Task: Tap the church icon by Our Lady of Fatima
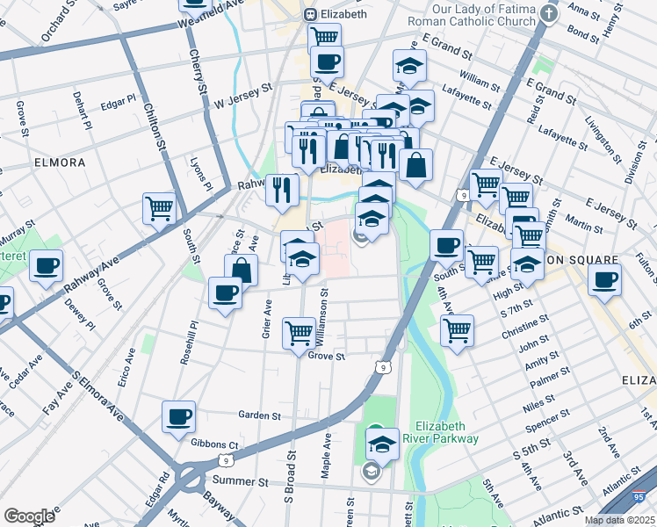(x=549, y=13)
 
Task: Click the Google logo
(x=29, y=516)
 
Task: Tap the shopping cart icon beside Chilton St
(x=160, y=209)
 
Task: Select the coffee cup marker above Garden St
(x=179, y=416)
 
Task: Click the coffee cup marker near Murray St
(x=46, y=265)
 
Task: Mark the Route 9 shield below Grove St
(x=381, y=367)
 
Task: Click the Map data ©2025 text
(x=619, y=520)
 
